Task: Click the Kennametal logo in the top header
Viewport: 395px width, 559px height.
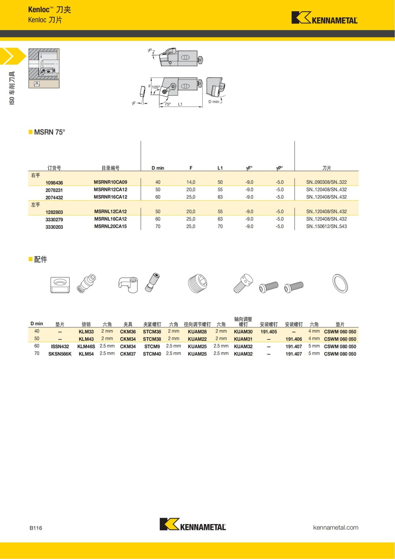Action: pos(324,18)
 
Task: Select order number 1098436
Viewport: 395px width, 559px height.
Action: pos(54,183)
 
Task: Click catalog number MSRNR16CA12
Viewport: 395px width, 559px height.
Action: pos(110,197)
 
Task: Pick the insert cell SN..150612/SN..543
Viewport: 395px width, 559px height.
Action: pos(326,227)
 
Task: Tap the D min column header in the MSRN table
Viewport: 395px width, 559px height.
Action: pos(158,168)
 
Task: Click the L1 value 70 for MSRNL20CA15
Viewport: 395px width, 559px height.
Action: pos(220,227)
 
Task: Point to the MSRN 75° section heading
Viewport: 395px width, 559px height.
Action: pos(49,132)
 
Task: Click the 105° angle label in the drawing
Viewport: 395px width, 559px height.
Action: pos(156,87)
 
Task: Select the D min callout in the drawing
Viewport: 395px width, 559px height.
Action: pos(214,102)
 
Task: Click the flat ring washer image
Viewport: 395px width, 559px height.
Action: pos(340,283)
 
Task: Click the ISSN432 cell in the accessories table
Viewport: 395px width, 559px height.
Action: pos(60,347)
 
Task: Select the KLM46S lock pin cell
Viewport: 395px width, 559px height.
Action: pos(86,347)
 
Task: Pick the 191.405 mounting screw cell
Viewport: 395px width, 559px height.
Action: pos(269,332)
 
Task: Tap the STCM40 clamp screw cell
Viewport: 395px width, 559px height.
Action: pos(152,354)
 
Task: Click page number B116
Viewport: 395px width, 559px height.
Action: pos(36,528)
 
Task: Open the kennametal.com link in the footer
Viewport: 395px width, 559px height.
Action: pos(335,527)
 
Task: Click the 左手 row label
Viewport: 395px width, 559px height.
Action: pos(36,205)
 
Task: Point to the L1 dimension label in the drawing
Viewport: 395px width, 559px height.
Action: pos(180,104)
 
